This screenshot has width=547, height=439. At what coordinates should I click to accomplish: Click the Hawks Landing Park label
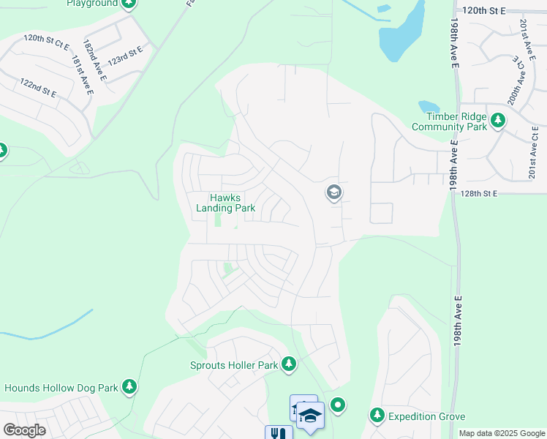click(x=225, y=203)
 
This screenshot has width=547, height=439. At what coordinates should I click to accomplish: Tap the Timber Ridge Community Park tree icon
click(x=499, y=119)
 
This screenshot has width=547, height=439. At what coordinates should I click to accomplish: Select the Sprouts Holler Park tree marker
click(x=289, y=364)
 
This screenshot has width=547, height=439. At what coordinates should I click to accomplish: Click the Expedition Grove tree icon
click(x=377, y=416)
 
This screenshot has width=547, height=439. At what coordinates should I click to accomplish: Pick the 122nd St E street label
click(x=39, y=87)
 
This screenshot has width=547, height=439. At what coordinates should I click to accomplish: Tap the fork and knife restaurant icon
click(x=277, y=433)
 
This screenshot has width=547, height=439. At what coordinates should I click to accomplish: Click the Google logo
click(x=24, y=429)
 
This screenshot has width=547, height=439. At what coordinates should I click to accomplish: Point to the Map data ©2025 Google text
click(x=501, y=433)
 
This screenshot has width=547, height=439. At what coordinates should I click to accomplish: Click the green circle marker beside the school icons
click(x=337, y=404)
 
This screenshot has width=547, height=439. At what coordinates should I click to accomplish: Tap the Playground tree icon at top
click(x=129, y=4)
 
